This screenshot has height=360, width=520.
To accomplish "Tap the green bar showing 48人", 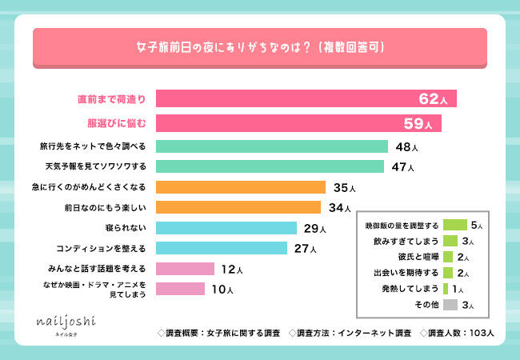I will click(271, 147).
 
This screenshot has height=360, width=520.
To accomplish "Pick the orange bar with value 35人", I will click(240, 188).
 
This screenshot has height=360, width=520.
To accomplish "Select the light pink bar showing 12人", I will click(185, 269).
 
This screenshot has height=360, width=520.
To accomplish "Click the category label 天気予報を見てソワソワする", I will click(96, 167).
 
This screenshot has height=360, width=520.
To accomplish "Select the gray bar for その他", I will click(450, 304).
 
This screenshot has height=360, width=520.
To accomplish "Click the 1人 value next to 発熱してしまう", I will click(467, 289).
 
